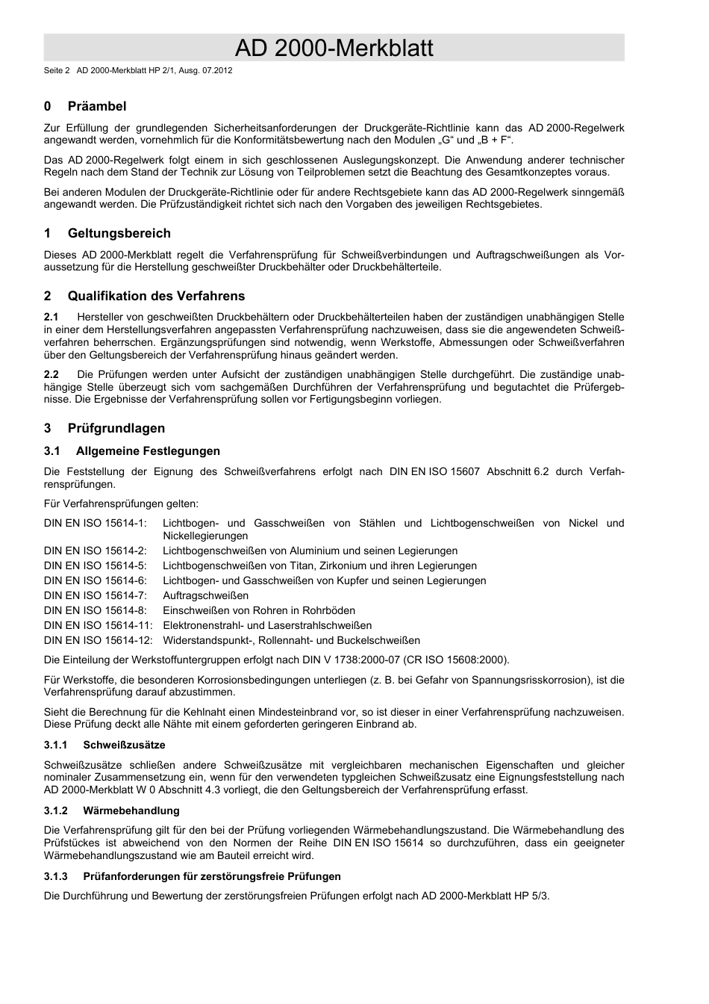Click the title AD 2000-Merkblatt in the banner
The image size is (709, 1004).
(334, 49)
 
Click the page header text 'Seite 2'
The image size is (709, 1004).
(57, 71)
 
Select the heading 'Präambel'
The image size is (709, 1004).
(97, 106)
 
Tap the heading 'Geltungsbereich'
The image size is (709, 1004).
(119, 233)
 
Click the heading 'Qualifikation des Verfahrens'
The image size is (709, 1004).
(156, 296)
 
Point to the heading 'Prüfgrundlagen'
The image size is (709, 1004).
(116, 428)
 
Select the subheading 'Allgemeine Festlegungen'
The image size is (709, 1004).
(148, 451)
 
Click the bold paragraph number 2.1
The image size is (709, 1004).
(51, 317)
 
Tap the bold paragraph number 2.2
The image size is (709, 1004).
(51, 374)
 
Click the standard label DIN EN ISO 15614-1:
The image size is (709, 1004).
(96, 524)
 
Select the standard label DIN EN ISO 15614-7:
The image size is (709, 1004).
(96, 596)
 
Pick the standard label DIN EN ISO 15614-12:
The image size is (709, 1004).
(99, 641)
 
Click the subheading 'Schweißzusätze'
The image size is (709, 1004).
(124, 746)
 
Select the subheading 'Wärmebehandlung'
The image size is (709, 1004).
(131, 811)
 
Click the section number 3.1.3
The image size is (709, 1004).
(56, 877)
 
